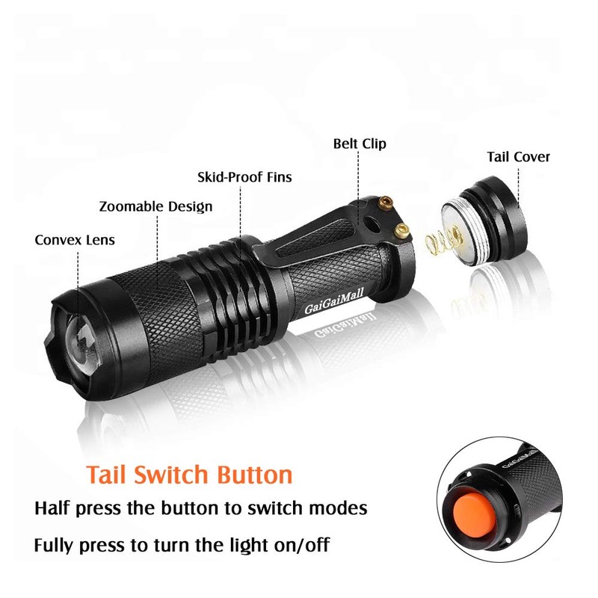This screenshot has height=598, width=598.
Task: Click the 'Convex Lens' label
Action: point(75,240)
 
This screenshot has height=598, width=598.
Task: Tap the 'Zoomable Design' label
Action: point(155,206)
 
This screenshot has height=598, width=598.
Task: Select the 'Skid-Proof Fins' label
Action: point(244,177)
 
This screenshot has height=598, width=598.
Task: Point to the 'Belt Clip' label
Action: point(360,144)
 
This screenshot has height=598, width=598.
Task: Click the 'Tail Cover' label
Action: point(518,157)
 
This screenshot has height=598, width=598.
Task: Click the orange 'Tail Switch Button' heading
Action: point(188,475)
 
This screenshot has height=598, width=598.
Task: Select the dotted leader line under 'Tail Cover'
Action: point(517,183)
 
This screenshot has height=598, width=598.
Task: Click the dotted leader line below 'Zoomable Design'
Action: point(157,247)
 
